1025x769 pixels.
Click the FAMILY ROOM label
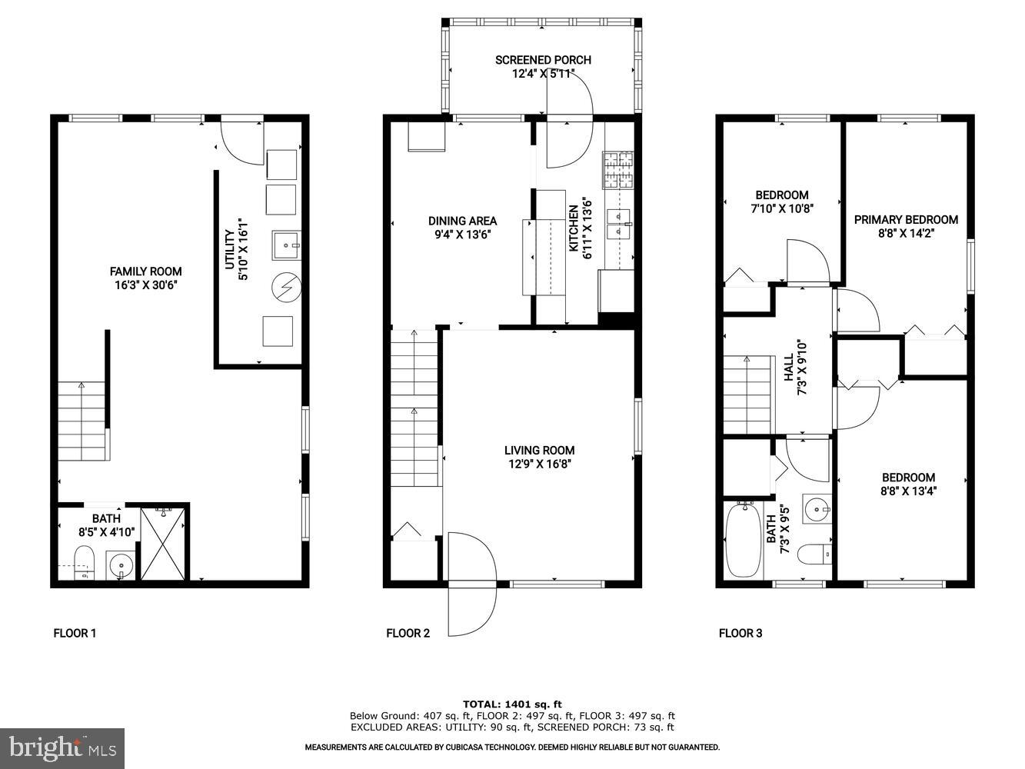145,271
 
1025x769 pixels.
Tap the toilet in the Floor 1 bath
83,561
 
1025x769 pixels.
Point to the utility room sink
286,245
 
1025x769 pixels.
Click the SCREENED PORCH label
543,60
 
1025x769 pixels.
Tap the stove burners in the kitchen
618,171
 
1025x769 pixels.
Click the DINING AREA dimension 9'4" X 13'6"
462,235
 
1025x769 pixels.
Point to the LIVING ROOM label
539,451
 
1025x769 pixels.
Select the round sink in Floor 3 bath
817,508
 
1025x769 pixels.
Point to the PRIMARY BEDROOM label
906,220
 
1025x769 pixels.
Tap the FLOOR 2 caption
408,634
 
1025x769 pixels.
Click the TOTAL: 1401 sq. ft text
512,704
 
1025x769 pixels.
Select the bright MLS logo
63,747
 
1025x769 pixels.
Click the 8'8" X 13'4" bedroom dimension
908,491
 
